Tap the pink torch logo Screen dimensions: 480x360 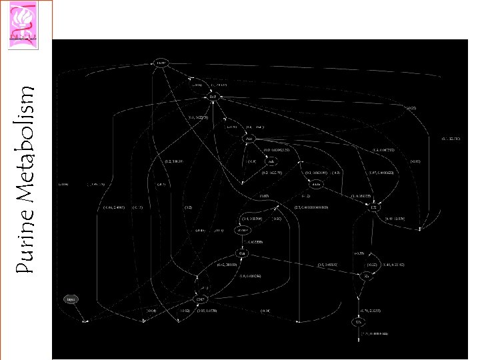(x=27, y=19)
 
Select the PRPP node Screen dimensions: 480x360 (x=160, y=63)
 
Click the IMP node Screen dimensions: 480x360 (x=213, y=97)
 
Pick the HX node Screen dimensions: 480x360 (x=375, y=208)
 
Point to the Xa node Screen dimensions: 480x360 (x=366, y=275)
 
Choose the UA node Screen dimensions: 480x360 (x=357, y=322)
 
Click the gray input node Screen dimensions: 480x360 (x=70, y=299)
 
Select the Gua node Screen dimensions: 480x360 (x=243, y=254)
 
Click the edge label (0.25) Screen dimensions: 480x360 (x=411, y=107)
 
